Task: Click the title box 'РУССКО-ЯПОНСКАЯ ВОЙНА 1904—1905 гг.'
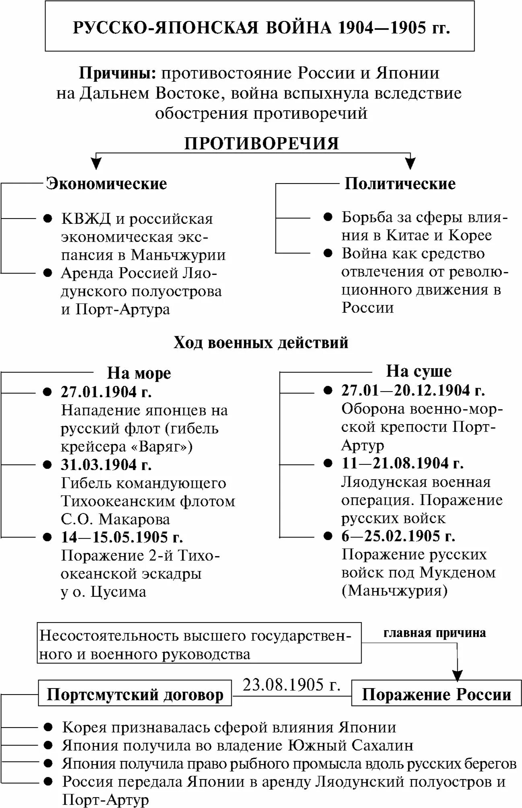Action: tap(260, 27)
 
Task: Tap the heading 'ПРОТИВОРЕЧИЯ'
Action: tap(261, 144)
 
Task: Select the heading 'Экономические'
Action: tap(107, 183)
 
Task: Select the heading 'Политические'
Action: tap(400, 183)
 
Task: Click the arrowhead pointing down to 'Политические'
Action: tap(410, 163)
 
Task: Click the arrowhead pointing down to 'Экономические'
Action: tap(96, 163)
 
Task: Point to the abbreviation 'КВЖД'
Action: tap(86, 219)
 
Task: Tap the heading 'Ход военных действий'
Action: tap(261, 343)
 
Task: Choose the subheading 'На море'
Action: tap(139, 373)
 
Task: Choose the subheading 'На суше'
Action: tap(419, 371)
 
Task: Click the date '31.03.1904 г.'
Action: tap(106, 465)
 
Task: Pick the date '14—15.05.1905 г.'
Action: tap(122, 537)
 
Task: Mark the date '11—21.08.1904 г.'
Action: tap(403, 463)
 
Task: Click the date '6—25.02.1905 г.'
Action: tap(398, 536)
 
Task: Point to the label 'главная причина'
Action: tap(434, 633)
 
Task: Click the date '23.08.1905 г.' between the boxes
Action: tap(292, 684)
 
